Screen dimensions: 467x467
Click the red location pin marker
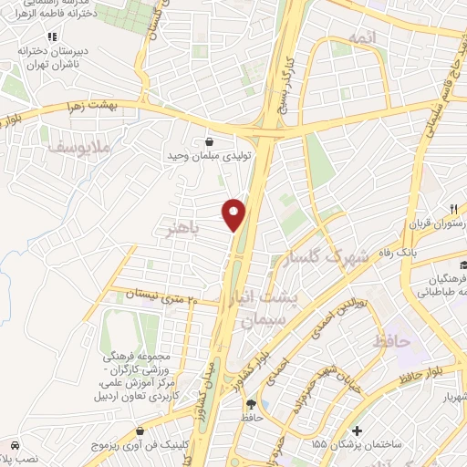coord(234,213)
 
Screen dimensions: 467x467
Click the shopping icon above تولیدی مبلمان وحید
coord(211,142)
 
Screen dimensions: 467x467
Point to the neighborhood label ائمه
coord(361,36)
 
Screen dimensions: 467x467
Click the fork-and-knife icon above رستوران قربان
coord(452,209)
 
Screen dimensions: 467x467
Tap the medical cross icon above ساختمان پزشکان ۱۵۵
coord(357,430)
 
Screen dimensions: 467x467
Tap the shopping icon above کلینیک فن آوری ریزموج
coord(139,431)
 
